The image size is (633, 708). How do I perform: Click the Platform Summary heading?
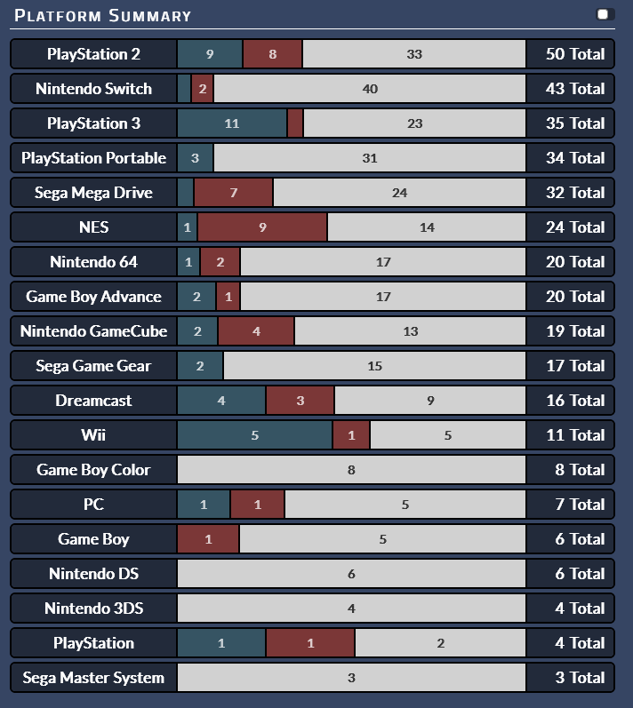point(102,16)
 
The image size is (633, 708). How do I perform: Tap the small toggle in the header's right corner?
point(605,14)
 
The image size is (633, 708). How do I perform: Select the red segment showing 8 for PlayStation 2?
point(272,54)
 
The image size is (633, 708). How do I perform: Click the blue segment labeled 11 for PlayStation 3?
point(232,123)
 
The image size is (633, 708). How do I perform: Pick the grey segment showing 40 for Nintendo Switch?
point(370,89)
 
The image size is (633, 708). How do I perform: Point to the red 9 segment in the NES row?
point(262,227)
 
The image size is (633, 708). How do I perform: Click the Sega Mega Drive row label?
point(93,193)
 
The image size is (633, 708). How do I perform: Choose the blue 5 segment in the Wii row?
point(255,435)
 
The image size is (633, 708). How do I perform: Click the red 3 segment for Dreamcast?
point(300,401)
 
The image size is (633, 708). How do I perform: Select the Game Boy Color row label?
point(93,470)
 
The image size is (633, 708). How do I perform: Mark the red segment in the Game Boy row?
point(208,539)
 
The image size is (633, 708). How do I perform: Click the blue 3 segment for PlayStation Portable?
point(196,158)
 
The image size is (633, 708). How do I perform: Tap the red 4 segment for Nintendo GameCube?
point(256,331)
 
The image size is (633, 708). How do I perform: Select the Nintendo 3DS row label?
point(93,609)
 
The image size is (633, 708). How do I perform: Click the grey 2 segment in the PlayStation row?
point(441,643)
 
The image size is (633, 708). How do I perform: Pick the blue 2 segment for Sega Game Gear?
point(200,366)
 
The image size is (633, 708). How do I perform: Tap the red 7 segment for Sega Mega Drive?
point(234,193)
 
